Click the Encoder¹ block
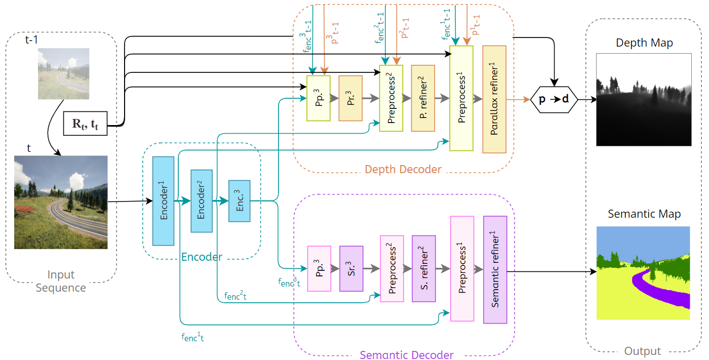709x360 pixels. (163, 201)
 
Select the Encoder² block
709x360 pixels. (201, 201)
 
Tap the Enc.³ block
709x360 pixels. (240, 201)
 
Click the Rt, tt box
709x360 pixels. (85, 124)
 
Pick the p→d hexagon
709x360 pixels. (554, 100)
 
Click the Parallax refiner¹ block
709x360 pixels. (494, 99)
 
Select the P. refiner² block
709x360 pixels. (423, 98)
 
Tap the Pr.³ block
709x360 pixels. (350, 98)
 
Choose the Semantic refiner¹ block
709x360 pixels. (495, 269)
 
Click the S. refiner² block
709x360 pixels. (423, 268)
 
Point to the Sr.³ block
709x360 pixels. (351, 268)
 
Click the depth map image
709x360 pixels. (643, 100)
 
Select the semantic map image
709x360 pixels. (643, 273)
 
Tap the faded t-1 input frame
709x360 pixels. (64, 73)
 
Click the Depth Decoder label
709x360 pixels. (403, 169)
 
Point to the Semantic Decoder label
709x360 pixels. (407, 355)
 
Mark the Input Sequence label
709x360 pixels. (61, 282)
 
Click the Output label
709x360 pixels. (642, 351)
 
